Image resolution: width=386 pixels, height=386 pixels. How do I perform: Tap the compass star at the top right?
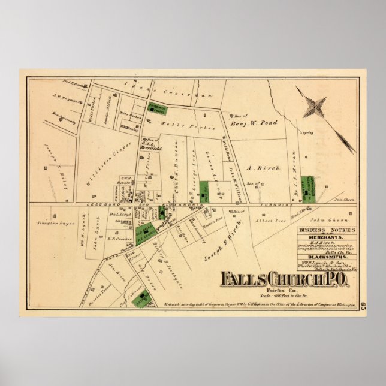pyautogui.click(x=314, y=107)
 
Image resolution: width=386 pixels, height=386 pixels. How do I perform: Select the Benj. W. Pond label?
pyautogui.click(x=248, y=125)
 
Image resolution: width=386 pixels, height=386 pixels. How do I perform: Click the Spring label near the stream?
pyautogui.click(x=309, y=132)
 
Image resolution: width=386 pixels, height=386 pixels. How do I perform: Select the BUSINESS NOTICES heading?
pyautogui.click(x=328, y=230)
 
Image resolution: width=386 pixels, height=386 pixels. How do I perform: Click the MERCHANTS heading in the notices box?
pyautogui.click(x=327, y=238)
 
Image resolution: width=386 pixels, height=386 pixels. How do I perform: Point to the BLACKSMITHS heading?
pyautogui.click(x=327, y=256)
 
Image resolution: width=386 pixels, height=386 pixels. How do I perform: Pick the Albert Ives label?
pyautogui.click(x=267, y=221)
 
